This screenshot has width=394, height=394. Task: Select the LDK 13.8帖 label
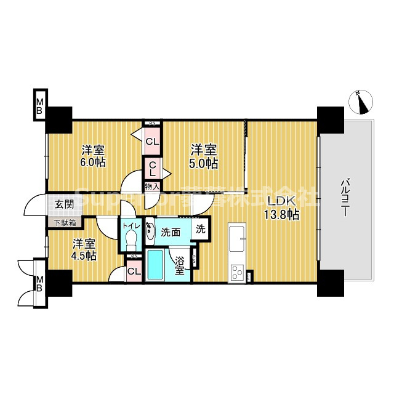283,209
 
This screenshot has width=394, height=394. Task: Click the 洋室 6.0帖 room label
93,156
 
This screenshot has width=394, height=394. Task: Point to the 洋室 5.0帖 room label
203,156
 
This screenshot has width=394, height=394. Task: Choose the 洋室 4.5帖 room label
83,249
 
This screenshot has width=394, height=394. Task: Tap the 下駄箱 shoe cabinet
64,223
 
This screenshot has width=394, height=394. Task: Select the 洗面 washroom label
171,232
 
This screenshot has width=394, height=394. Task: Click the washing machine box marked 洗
201,228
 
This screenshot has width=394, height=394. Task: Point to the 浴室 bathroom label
179,265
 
